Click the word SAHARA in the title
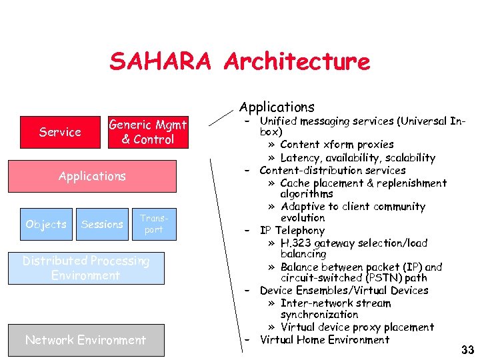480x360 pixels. [161, 62]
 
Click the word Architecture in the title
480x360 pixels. [297, 62]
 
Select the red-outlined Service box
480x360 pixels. [60, 132]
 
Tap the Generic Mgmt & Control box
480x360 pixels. [148, 131]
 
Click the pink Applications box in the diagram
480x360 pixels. [92, 176]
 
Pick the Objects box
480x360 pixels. [45, 224]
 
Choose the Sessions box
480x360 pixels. [102, 224]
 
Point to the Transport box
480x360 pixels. [153, 224]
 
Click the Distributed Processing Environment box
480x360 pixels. [86, 268]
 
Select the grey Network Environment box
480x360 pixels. [85, 340]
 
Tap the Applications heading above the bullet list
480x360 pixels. [277, 107]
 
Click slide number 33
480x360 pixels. [467, 350]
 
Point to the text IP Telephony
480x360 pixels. [292, 231]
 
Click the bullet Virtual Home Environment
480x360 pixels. [325, 339]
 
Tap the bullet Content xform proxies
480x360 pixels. [337, 145]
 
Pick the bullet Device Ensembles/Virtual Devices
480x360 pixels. [344, 290]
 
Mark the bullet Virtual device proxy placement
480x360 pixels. [357, 327]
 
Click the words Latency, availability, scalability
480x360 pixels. [357, 158]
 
